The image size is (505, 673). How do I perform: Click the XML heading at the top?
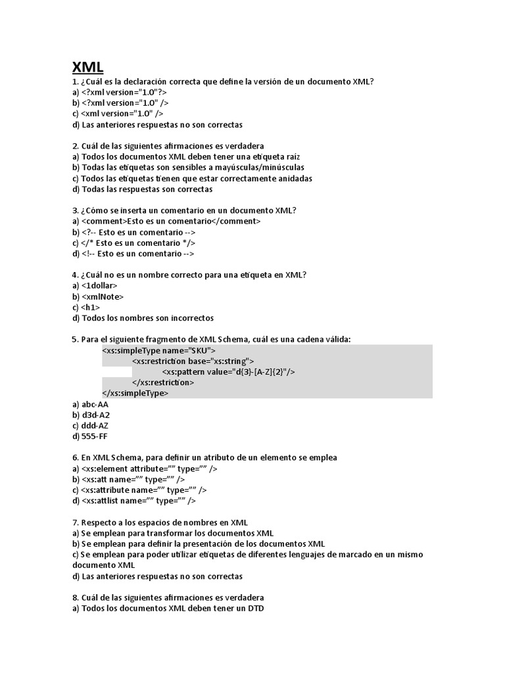pyautogui.click(x=87, y=67)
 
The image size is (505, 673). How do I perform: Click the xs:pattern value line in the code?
pyautogui.click(x=228, y=372)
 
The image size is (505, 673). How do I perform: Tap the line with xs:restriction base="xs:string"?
pyautogui.click(x=193, y=361)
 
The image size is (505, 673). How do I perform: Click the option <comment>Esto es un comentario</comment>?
pyautogui.click(x=171, y=221)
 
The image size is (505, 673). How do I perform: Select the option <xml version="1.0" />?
pyautogui.click(x=122, y=114)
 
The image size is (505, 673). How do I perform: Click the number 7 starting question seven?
pyautogui.click(x=75, y=523)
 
